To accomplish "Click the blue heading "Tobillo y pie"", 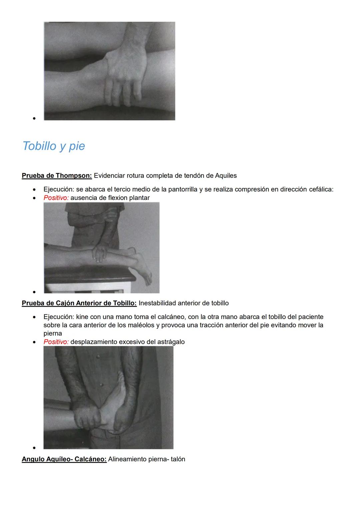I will click(54, 146).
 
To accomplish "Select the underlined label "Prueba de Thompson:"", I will click(57, 175).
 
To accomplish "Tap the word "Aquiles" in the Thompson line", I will click(226, 175).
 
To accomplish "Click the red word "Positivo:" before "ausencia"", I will click(56, 198).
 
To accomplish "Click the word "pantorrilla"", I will click(183, 189).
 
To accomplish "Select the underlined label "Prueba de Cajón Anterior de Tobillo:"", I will click(79, 303).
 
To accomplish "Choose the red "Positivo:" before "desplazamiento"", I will click(56, 342).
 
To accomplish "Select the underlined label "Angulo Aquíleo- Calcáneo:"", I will click(64, 459).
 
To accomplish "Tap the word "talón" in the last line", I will click(178, 459).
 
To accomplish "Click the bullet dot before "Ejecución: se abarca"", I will click(34, 190).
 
